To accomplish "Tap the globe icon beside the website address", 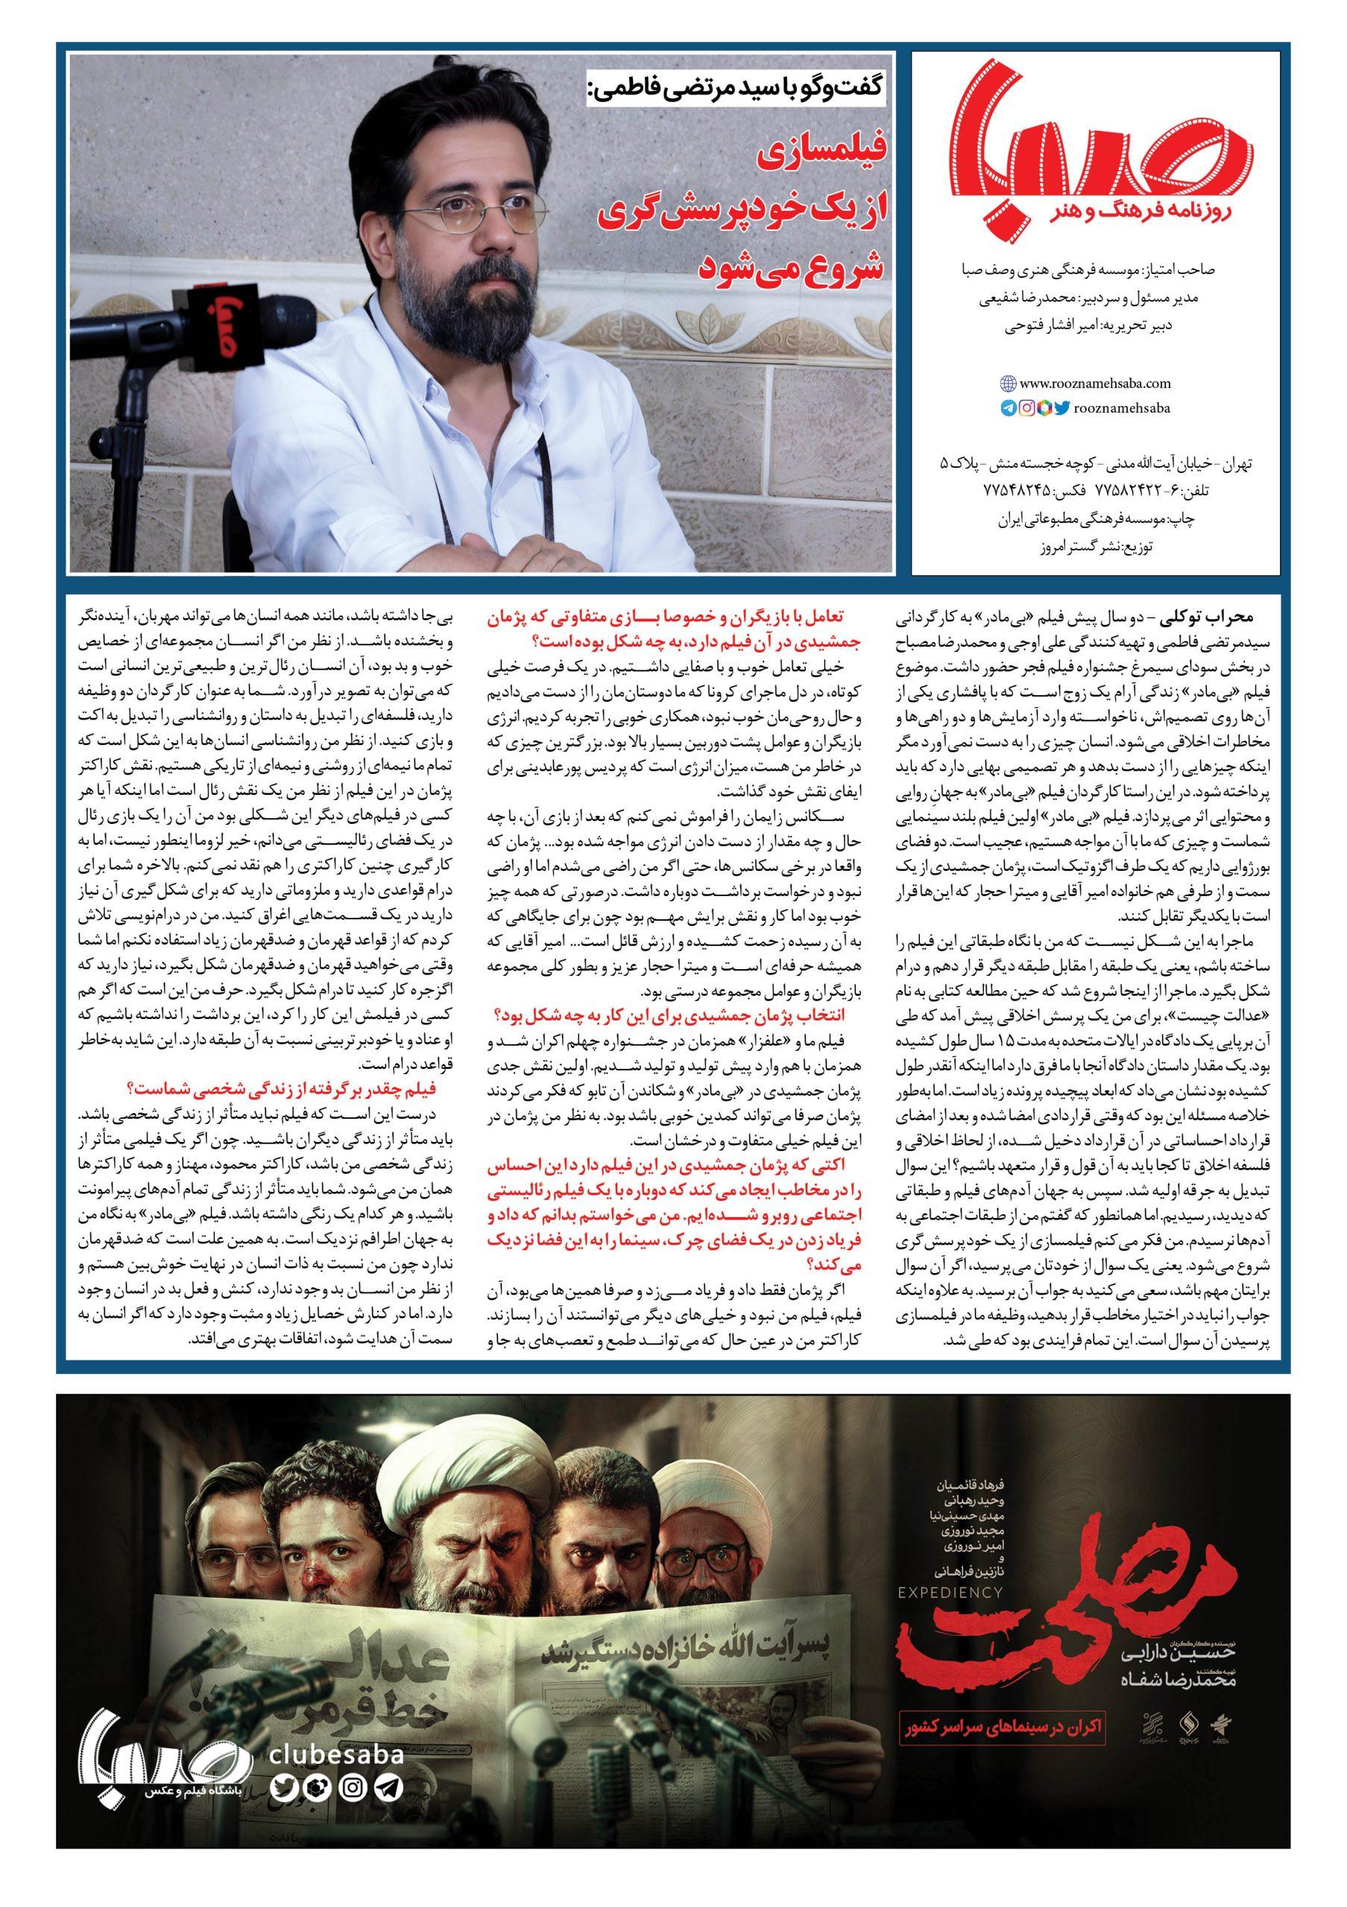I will (1008, 384).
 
